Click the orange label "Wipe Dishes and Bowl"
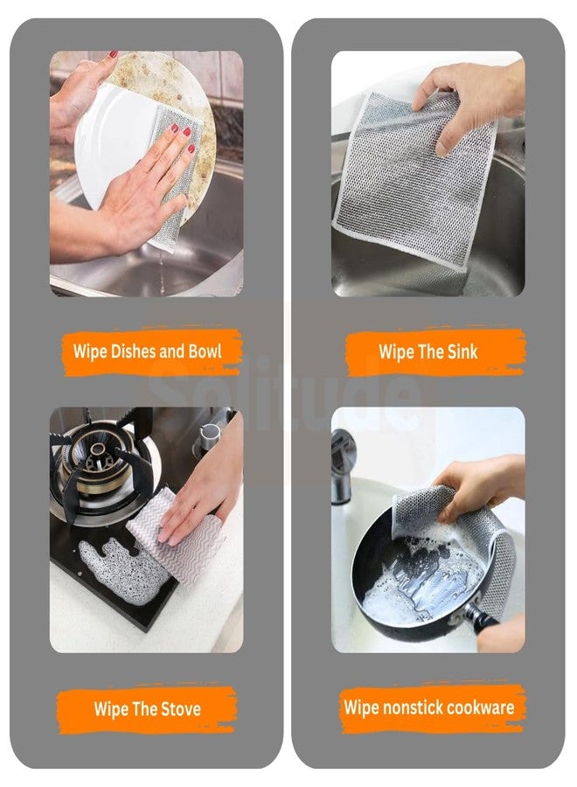147,352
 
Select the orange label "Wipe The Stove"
147,708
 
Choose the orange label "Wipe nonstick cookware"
428,707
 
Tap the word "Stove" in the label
179,708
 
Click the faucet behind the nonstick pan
343,455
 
